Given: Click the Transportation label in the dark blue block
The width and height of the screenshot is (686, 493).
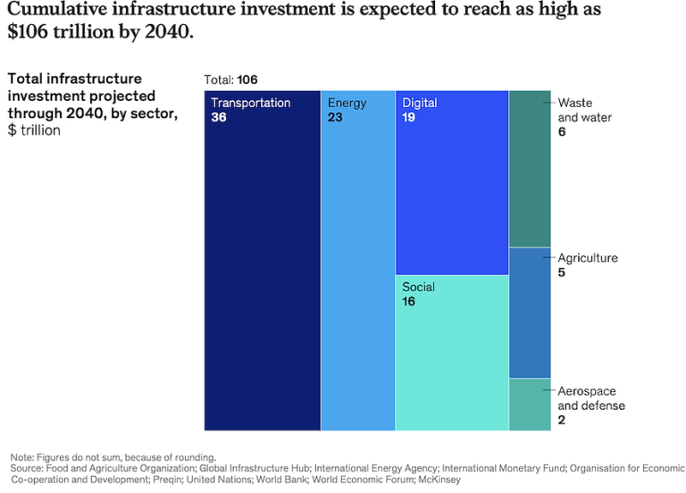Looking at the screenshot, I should [x=250, y=103].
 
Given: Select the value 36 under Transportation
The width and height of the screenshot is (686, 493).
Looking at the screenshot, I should [x=219, y=117].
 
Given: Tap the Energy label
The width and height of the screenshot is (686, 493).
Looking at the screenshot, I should [x=347, y=103].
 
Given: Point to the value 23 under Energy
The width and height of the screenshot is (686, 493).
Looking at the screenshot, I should [x=335, y=117].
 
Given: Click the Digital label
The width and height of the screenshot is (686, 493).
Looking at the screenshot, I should [x=419, y=103].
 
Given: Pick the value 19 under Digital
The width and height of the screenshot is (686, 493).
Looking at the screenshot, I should [x=409, y=117].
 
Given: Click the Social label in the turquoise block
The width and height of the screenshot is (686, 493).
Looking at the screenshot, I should [x=418, y=287].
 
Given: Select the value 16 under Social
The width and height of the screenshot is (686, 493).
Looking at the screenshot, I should [x=408, y=302].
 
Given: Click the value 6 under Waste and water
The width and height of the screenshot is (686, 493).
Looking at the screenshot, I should [x=562, y=132].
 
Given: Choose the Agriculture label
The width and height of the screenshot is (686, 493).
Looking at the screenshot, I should [x=588, y=258].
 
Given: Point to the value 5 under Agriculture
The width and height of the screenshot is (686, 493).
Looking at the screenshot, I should [x=562, y=272].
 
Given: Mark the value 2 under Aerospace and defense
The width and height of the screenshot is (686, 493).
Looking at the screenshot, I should [x=562, y=420].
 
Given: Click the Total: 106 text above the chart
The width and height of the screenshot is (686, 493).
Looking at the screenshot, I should [x=230, y=79].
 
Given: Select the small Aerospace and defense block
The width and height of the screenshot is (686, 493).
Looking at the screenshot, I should [x=530, y=405].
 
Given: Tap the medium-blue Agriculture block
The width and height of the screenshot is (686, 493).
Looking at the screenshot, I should [x=530, y=313].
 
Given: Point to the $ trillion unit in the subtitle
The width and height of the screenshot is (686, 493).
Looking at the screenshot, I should [x=34, y=130].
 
